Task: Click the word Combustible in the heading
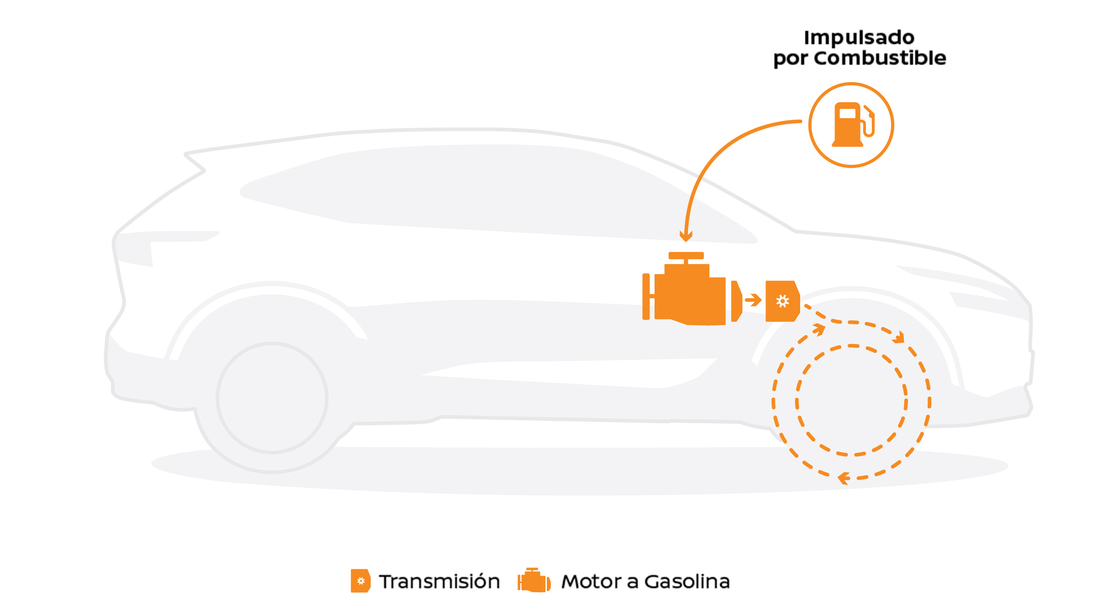880,58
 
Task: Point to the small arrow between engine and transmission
754,300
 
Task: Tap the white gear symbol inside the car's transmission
782,301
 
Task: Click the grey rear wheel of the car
272,398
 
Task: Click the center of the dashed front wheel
851,401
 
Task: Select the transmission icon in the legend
360,581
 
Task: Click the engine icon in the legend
534,581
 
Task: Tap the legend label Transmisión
439,582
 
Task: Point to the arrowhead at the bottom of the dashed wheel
844,478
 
